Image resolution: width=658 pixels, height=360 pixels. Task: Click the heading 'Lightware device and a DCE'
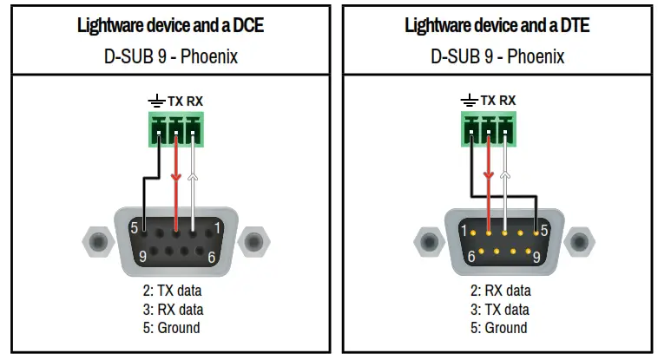tap(170, 25)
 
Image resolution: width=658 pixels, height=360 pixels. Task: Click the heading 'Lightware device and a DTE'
tap(497, 25)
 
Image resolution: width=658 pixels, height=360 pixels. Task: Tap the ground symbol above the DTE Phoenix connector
tap(470, 101)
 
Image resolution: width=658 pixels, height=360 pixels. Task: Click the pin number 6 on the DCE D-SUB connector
tap(211, 256)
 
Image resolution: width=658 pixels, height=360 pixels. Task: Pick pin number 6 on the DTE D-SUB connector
tap(470, 257)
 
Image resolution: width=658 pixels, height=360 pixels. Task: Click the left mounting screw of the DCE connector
tap(98, 240)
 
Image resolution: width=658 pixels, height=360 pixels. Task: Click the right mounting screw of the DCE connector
tap(252, 240)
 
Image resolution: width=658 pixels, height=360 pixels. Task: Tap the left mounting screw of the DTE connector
tap(426, 240)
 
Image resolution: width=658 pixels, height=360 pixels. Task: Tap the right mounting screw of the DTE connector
tap(580, 240)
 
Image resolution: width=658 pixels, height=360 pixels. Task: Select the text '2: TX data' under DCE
tap(172, 291)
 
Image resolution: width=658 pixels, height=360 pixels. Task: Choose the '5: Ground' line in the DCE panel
tap(172, 328)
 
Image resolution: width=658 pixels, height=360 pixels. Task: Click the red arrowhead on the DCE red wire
tap(176, 179)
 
